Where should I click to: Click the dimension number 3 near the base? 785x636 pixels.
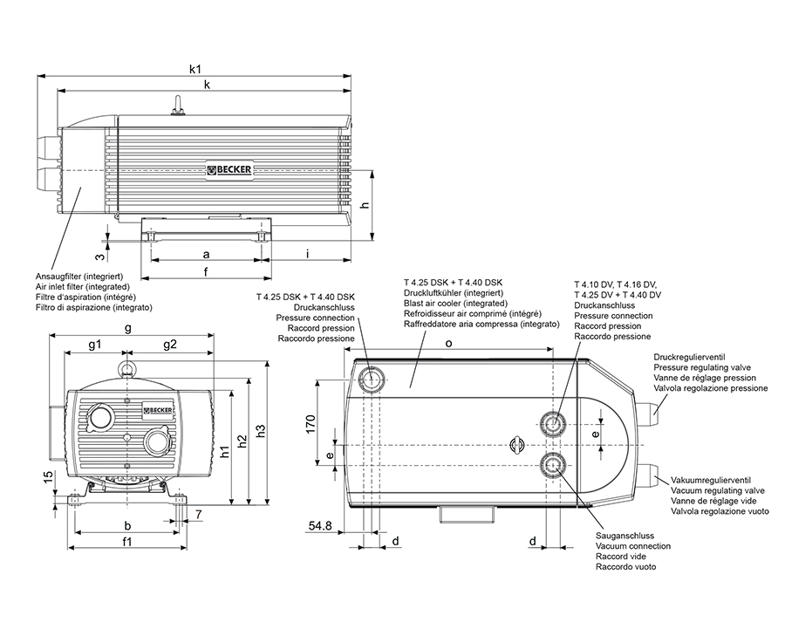coord(100,256)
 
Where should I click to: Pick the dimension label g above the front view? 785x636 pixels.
coord(128,328)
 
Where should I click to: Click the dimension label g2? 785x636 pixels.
coord(169,344)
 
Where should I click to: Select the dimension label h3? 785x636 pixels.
coord(260,431)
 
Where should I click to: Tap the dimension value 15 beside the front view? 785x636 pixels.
coord(49,477)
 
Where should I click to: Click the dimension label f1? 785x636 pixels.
coord(127,542)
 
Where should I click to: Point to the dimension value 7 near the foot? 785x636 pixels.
coord(199,514)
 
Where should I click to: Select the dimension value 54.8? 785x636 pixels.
coord(321,525)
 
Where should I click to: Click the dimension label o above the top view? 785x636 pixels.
coord(448,344)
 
